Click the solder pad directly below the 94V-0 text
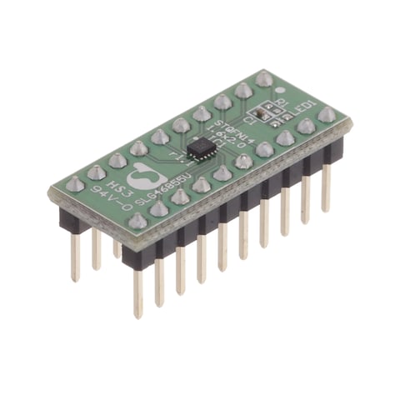pos(137,220)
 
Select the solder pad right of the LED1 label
pos(327,114)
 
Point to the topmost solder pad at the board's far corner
pos(264,80)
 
